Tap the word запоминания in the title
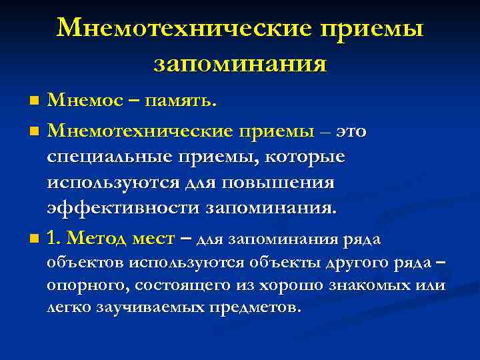click(x=240, y=64)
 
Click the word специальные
click(x=117, y=157)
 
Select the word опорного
click(x=87, y=286)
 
